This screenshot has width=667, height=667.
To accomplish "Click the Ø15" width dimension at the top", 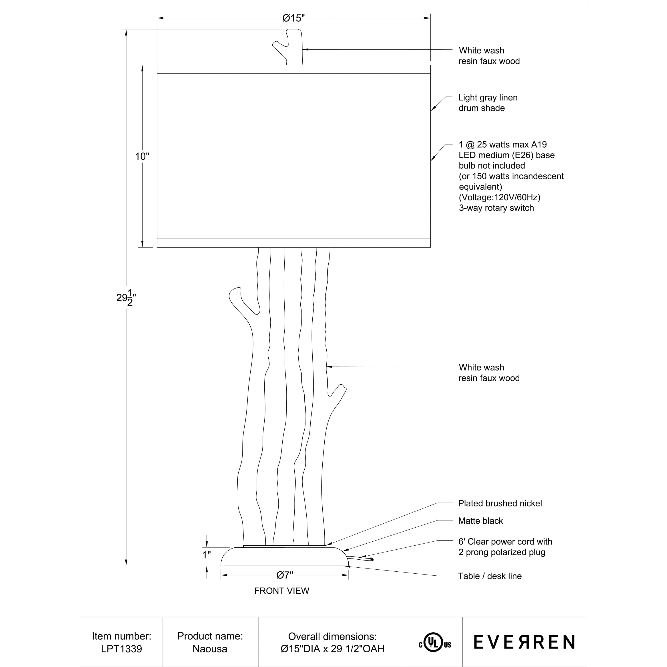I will tap(293, 18).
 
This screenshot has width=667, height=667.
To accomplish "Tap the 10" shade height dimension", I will tap(142, 156).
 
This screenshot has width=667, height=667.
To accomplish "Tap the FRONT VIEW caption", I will tap(281, 591).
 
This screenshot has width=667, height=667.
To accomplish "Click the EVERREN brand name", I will tap(524, 642).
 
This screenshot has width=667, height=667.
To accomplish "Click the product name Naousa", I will tap(210, 649).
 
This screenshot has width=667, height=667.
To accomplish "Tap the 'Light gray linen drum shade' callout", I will tap(488, 103).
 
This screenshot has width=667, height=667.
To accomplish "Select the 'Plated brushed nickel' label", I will tap(500, 503).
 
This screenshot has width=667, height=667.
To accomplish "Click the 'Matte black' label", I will tap(480, 521).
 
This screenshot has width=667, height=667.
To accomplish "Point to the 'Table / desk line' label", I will tap(490, 576).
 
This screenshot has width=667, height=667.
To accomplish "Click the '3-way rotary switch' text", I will tap(496, 208).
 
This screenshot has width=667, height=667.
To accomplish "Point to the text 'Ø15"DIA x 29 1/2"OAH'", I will tap(332, 649).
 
